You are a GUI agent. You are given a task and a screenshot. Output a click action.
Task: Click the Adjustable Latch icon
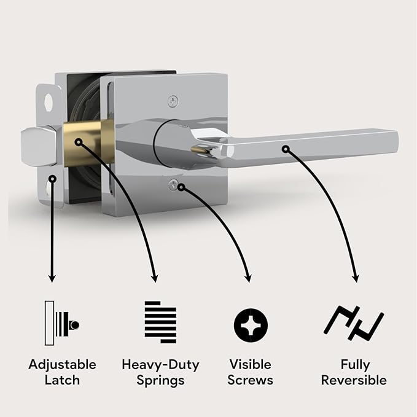coord(62,323)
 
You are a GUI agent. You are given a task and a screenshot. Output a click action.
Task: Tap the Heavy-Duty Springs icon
coord(160,322)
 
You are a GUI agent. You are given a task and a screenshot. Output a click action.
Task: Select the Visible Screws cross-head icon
coord(251,323)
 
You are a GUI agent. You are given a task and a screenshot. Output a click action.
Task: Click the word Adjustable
coord(62,365)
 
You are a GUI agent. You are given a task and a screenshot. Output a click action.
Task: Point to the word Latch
coord(62,380)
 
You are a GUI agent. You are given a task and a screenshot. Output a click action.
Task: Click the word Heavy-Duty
coord(160,365)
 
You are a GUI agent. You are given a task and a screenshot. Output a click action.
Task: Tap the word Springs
coord(160,381)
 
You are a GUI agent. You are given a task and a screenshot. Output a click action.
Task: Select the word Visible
coord(251,364)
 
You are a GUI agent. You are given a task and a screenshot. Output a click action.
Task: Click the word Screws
coord(251,380)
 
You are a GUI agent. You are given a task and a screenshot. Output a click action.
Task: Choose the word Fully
coord(355,364)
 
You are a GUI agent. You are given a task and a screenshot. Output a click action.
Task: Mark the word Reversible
coord(355,380)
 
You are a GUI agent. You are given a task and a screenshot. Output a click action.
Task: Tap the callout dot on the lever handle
coord(285,148)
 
